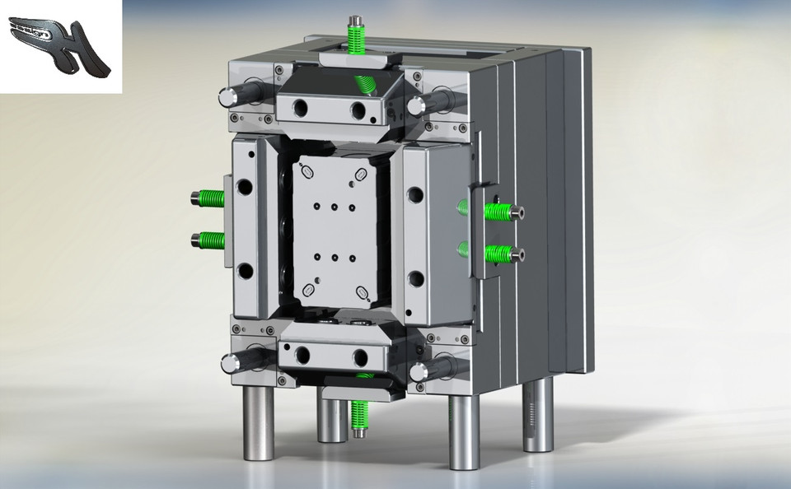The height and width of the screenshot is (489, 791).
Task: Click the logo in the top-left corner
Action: pyautogui.click(x=59, y=46)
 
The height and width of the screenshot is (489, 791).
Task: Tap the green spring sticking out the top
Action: pyautogui.click(x=357, y=38)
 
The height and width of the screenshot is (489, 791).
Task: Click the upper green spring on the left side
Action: pyautogui.click(x=211, y=198)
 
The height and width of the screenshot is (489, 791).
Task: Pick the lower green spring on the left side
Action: pyautogui.click(x=211, y=240)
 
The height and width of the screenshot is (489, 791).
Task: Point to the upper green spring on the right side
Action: pyautogui.click(x=497, y=212)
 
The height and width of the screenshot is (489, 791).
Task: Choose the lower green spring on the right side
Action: pyautogui.click(x=498, y=254)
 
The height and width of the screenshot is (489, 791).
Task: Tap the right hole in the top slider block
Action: pyautogui.click(x=358, y=110)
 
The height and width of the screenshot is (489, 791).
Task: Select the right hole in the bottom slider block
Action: pyautogui.click(x=360, y=356)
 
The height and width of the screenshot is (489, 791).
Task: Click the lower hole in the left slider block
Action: pyautogui.click(x=245, y=271)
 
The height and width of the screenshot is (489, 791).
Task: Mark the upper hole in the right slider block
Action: pyautogui.click(x=415, y=196)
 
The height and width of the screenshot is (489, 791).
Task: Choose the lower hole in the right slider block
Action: pyautogui.click(x=416, y=279)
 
